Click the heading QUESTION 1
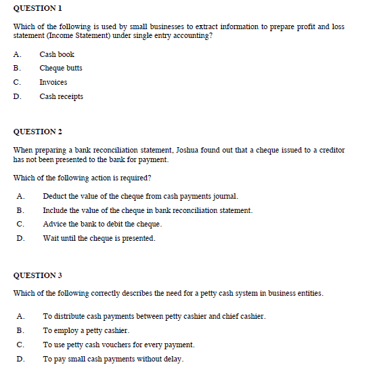(38, 8)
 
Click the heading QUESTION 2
(38, 132)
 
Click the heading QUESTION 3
(38, 275)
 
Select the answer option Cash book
(57, 54)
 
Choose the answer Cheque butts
(61, 68)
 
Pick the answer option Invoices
(53, 82)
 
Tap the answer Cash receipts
(62, 96)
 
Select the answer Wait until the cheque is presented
(99, 238)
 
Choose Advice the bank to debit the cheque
(102, 224)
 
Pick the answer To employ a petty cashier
(86, 330)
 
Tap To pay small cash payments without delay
(113, 359)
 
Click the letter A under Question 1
(16, 54)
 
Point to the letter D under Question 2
(21, 238)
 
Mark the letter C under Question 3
(21, 345)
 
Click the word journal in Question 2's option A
(225, 196)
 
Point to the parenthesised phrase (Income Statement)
(77, 35)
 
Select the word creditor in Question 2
(330, 150)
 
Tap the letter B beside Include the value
(21, 210)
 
